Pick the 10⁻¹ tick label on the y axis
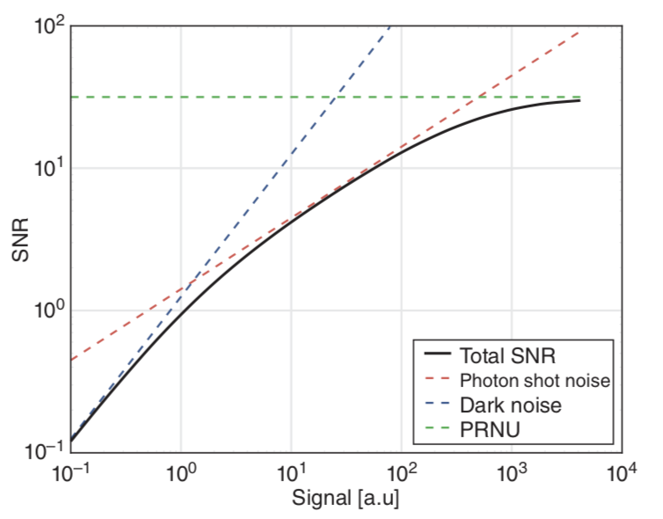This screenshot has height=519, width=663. pyautogui.click(x=44, y=451)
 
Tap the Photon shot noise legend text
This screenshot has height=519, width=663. pyautogui.click(x=535, y=381)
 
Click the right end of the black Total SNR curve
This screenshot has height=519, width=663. pyautogui.click(x=579, y=101)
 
